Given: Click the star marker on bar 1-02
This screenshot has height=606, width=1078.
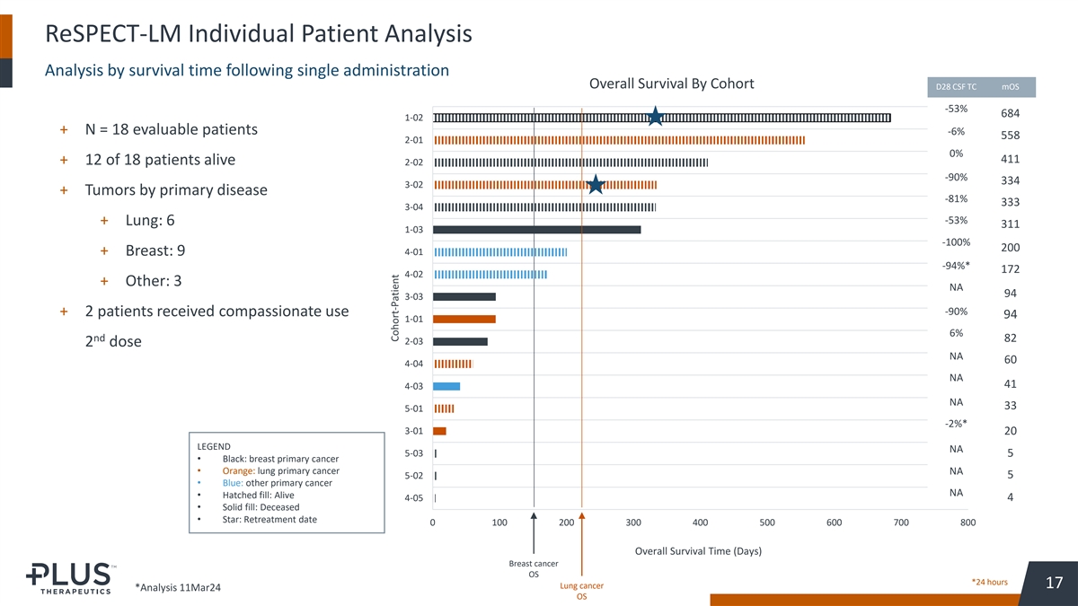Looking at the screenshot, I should click(x=656, y=117).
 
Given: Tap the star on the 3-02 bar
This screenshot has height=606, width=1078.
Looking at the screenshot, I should click(x=595, y=185).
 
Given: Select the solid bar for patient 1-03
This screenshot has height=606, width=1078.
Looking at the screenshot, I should click(x=536, y=230).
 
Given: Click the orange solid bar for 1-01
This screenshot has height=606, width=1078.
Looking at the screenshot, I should click(x=464, y=319).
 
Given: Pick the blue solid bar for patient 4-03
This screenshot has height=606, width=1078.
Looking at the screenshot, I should click(x=446, y=386).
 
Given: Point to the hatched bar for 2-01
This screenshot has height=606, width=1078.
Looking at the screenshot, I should click(x=619, y=140).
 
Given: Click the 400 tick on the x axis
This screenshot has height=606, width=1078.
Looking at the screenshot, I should click(x=700, y=523).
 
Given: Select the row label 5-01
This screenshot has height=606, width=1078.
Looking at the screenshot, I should click(x=414, y=408).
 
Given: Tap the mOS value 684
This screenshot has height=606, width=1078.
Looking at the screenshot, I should click(x=1011, y=113).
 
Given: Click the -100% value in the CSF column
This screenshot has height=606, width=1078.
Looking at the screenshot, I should click(x=955, y=243).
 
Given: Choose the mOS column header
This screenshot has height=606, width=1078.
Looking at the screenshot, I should click(x=1011, y=87).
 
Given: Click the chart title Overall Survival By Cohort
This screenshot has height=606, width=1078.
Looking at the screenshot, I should click(x=671, y=84).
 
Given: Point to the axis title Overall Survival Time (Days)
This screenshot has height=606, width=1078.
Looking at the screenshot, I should click(x=698, y=550).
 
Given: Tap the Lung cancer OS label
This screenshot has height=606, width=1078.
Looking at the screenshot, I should click(x=581, y=591).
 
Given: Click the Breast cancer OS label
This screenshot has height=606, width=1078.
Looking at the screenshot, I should click(x=534, y=568).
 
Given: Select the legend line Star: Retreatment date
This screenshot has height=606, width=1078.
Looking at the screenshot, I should click(x=269, y=520).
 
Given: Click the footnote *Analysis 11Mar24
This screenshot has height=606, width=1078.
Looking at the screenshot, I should click(x=177, y=587).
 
